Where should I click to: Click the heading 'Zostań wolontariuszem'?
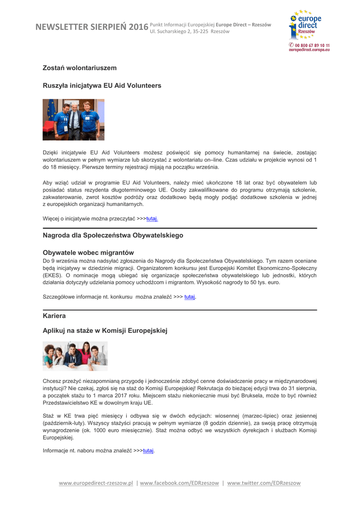pos(79,67)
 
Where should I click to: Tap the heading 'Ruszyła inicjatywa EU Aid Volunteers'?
pos(102,86)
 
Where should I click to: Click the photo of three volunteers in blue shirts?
pos(73,120)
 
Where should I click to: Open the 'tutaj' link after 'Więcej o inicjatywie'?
pos(152,219)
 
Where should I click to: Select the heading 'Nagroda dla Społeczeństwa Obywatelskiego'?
pos(113,235)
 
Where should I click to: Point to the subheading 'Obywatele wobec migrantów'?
pos(88,253)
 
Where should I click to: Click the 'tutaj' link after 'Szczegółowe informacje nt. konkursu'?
pos(190,297)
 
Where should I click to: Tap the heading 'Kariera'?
pos(54,316)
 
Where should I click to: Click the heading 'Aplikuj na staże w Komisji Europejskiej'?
pos(106,330)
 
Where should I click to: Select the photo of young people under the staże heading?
pos(75,356)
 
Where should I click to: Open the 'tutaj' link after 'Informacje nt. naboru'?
pos(148,451)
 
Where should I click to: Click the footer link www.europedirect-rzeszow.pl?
pos(96,483)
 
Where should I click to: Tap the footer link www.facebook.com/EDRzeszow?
pos(180,483)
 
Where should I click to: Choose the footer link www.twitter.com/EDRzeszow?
pos(264,483)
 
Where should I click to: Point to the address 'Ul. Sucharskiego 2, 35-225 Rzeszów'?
pos(190,31)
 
